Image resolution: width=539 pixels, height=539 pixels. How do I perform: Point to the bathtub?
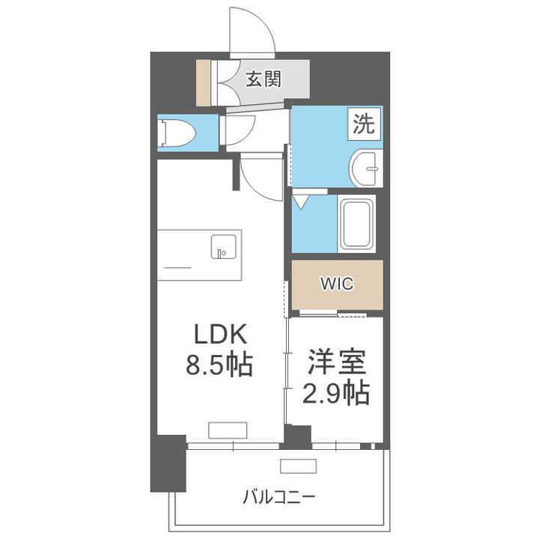(x=356, y=224)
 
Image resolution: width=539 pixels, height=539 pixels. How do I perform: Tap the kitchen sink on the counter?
(x=224, y=246)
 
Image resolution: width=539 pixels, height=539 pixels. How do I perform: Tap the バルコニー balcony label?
(x=278, y=496)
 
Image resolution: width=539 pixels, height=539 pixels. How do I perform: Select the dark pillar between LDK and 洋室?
(x=298, y=436)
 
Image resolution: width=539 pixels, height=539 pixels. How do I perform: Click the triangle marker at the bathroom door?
(x=301, y=201)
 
